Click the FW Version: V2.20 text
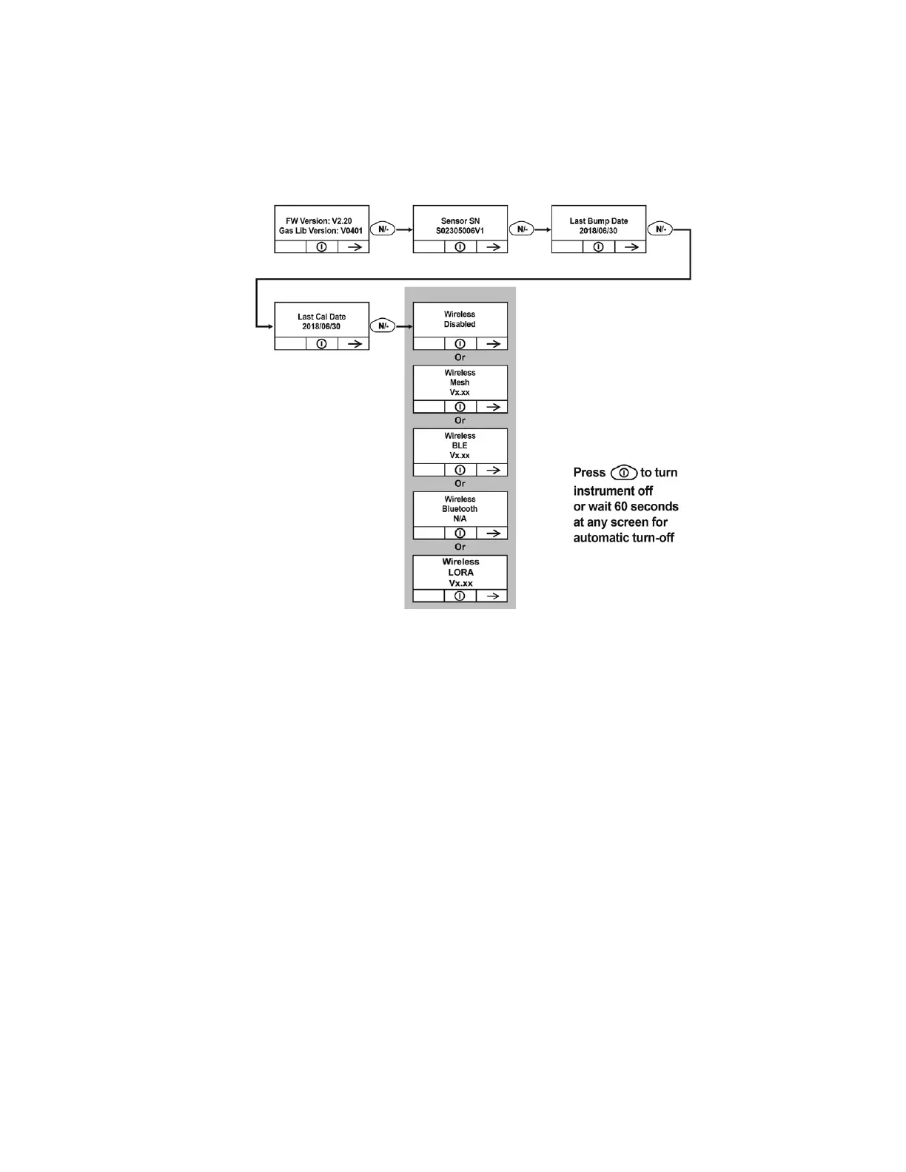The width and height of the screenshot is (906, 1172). click(x=319, y=220)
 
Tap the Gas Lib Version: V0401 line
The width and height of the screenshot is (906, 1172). click(x=321, y=231)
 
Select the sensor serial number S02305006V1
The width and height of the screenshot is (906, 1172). click(x=460, y=231)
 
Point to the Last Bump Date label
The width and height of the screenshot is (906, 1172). click(x=598, y=220)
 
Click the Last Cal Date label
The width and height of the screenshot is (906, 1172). click(x=321, y=317)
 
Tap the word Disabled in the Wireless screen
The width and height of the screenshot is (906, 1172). click(x=460, y=324)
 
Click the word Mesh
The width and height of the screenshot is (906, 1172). click(x=460, y=383)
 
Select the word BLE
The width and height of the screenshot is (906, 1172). click(x=460, y=445)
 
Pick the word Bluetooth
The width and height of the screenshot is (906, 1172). click(x=460, y=509)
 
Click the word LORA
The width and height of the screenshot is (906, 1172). click(x=460, y=572)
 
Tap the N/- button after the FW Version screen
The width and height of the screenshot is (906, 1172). click(x=383, y=229)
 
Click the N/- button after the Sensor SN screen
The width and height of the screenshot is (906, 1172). click(x=522, y=229)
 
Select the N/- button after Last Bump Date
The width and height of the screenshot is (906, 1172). click(x=660, y=229)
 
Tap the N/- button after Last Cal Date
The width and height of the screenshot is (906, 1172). click(x=383, y=326)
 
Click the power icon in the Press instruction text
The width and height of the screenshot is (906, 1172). click(x=624, y=472)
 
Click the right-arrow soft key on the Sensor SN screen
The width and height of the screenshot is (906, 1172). click(x=492, y=247)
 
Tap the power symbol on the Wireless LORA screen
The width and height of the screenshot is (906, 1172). click(x=460, y=596)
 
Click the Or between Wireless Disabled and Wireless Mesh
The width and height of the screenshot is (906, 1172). click(x=460, y=357)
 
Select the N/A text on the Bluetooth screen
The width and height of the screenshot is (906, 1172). click(x=460, y=519)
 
